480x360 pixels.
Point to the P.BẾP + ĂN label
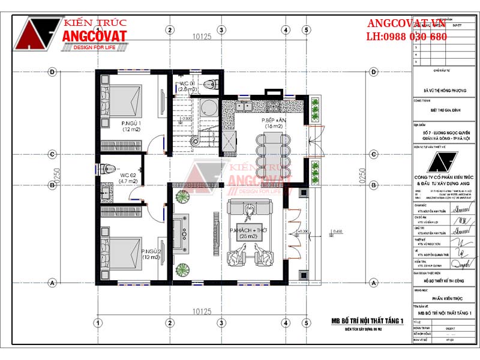point(273,124)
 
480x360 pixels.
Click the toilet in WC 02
point(107,167)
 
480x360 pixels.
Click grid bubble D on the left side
point(53,72)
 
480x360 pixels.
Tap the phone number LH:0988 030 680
point(406,37)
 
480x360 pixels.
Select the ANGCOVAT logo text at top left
point(94,36)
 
